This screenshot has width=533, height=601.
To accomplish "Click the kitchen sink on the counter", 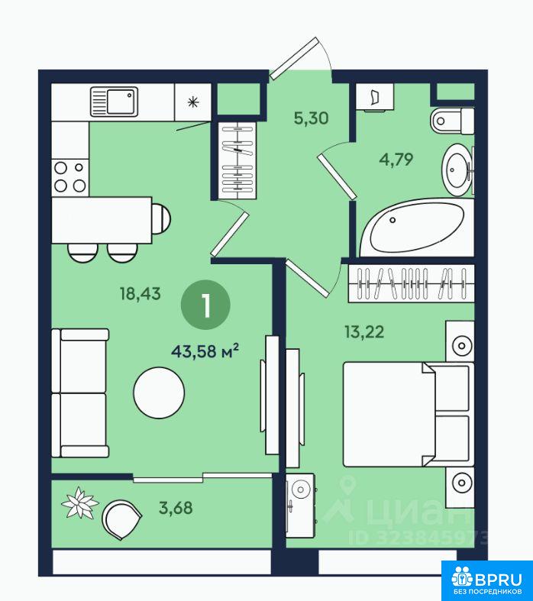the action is tap(115, 102).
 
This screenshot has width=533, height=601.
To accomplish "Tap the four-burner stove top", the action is tap(70, 177).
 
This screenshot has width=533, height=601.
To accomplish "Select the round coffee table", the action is tap(159, 393).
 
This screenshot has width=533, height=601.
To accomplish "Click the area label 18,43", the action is tap(141, 294).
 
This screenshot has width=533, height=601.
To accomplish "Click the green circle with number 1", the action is tap(205, 305).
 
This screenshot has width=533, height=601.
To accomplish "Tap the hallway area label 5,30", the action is tap(311, 118).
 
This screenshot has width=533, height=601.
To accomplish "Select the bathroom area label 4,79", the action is tap(396, 159).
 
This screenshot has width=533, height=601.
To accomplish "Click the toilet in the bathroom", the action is tap(452, 121).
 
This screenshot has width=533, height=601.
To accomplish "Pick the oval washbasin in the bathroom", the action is tap(457, 170).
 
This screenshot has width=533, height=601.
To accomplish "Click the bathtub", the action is tap(417, 228).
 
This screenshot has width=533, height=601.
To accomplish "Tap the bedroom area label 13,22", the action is tap(364, 332).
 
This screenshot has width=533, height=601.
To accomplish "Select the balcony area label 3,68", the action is tap(176, 508).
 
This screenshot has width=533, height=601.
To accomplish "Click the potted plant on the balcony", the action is tap(80, 502).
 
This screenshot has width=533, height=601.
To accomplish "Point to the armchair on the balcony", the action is tap(121, 520).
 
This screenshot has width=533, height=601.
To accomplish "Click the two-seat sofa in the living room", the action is tap(80, 393).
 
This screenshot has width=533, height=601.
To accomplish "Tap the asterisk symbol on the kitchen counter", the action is tap(193, 102).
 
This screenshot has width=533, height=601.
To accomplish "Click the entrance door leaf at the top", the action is tap(294, 58).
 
